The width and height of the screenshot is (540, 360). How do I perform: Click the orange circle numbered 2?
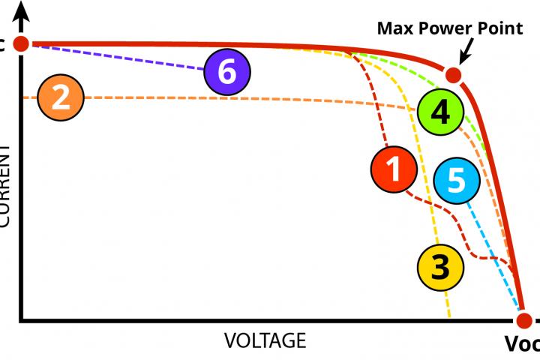(x=61, y=98)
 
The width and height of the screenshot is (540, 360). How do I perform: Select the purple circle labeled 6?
(x=227, y=73)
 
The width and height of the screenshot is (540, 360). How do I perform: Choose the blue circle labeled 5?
(x=457, y=181)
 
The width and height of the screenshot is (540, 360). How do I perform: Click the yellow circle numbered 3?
(x=440, y=266)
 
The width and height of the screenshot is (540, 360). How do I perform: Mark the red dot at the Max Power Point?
(x=453, y=75)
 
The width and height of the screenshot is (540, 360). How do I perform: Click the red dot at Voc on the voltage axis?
(x=523, y=319)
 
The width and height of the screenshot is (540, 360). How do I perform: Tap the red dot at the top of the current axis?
(x=22, y=43)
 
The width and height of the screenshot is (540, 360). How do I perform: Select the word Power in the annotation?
(x=443, y=29)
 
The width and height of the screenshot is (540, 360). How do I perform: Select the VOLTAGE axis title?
(x=265, y=340)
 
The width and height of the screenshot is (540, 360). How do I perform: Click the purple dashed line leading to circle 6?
(x=120, y=58)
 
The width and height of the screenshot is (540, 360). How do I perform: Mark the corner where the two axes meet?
(x=22, y=320)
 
